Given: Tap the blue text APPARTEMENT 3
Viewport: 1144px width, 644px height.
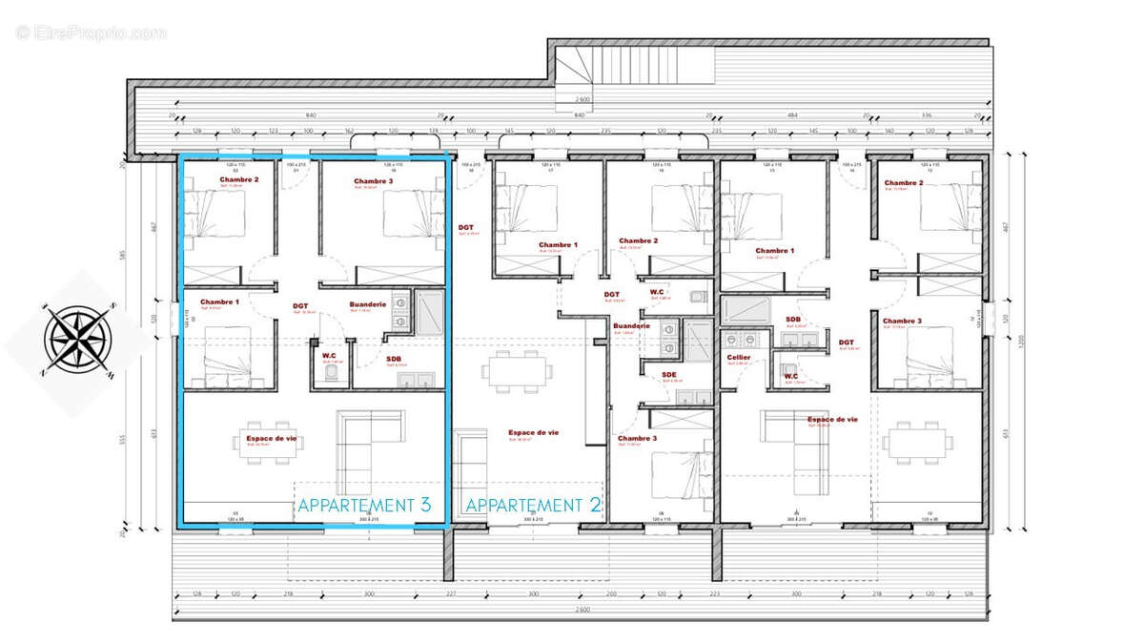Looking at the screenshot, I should (364, 506).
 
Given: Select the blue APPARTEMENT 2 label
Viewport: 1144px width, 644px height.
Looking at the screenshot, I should (534, 506).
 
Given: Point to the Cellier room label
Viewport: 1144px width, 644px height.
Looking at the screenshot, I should (738, 358).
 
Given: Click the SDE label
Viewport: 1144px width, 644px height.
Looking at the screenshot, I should (669, 375).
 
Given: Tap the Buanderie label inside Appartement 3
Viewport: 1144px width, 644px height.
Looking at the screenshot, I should (367, 304).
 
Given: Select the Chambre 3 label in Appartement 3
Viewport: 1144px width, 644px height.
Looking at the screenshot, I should (373, 181).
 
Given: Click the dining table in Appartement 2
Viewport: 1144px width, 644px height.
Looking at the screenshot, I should (516, 369).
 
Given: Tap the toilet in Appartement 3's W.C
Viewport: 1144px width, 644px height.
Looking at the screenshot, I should (331, 375).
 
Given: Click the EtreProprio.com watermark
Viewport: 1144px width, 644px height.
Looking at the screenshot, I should (91, 32).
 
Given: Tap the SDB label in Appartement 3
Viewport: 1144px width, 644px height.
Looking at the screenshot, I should (394, 359).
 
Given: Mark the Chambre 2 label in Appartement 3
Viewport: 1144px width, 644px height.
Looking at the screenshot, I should (238, 179).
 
